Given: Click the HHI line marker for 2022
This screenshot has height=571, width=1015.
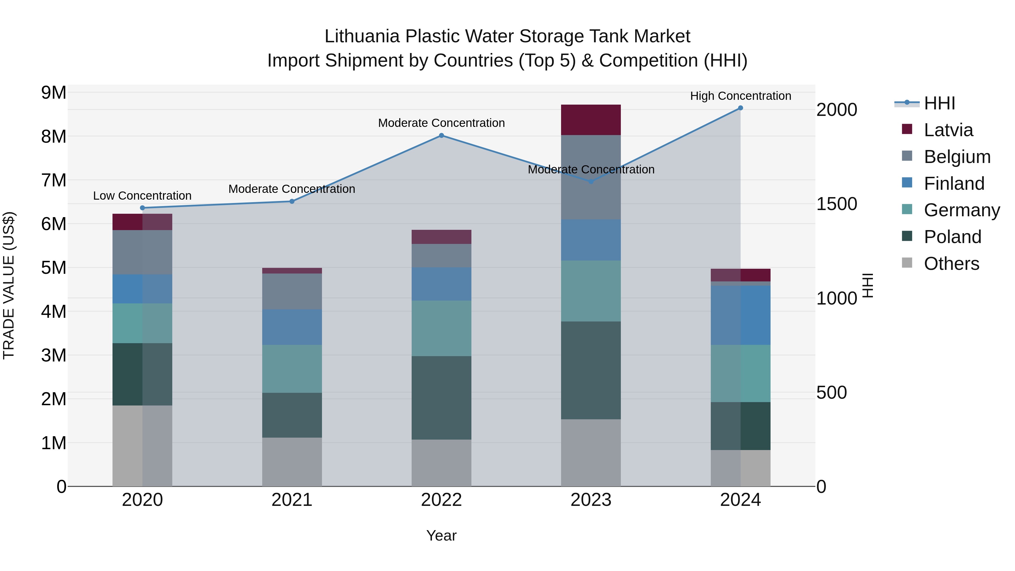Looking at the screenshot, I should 441,136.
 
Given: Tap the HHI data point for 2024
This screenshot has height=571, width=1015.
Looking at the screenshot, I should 740,108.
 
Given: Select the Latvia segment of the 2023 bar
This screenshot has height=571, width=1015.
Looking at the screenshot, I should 591,120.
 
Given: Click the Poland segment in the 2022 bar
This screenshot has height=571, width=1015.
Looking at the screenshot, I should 441,398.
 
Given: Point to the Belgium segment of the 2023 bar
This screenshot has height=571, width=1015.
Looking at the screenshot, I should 591,177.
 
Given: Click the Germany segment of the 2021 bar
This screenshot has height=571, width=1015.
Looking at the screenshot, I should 292,369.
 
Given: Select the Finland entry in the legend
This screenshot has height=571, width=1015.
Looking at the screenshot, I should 954,184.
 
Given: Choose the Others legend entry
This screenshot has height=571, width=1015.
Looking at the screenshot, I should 951,264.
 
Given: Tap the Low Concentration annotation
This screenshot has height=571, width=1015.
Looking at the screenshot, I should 142,196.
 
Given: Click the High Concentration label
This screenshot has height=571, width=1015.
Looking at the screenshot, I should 740,96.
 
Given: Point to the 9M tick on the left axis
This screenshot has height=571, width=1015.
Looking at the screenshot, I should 54,93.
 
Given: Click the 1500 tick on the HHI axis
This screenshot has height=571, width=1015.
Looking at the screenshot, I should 837,204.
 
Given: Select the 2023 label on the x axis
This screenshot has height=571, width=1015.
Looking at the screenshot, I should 591,500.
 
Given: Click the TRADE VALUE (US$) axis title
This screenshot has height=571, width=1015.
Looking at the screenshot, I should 9,285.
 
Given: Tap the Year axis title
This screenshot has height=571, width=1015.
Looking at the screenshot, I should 441,535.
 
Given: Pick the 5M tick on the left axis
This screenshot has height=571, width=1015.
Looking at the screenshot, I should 54,268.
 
